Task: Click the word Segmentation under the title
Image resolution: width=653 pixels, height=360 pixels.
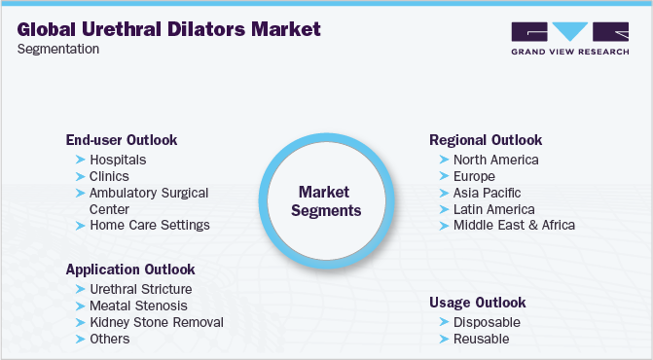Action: click(57, 49)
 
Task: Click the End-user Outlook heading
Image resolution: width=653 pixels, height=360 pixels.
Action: click(122, 139)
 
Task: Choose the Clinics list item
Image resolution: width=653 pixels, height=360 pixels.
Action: click(109, 176)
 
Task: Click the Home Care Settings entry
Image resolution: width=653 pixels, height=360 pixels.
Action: click(149, 225)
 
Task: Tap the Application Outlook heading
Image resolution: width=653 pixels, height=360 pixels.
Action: click(130, 269)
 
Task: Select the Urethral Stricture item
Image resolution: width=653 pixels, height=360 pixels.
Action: click(140, 289)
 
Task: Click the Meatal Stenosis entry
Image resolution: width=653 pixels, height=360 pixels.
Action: click(139, 306)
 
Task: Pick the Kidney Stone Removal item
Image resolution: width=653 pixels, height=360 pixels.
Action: click(156, 322)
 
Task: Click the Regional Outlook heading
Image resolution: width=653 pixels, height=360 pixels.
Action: click(486, 139)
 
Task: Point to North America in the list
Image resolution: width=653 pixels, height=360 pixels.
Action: click(495, 160)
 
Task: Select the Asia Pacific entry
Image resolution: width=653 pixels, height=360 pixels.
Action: click(486, 193)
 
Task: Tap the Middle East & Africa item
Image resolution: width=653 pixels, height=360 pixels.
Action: click(514, 225)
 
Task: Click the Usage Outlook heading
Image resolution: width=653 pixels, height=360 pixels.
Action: click(477, 302)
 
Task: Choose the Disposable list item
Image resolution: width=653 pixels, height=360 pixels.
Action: click(487, 322)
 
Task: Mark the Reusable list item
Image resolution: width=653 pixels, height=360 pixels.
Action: click(481, 339)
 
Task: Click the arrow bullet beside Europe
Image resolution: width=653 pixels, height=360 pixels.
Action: click(444, 177)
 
